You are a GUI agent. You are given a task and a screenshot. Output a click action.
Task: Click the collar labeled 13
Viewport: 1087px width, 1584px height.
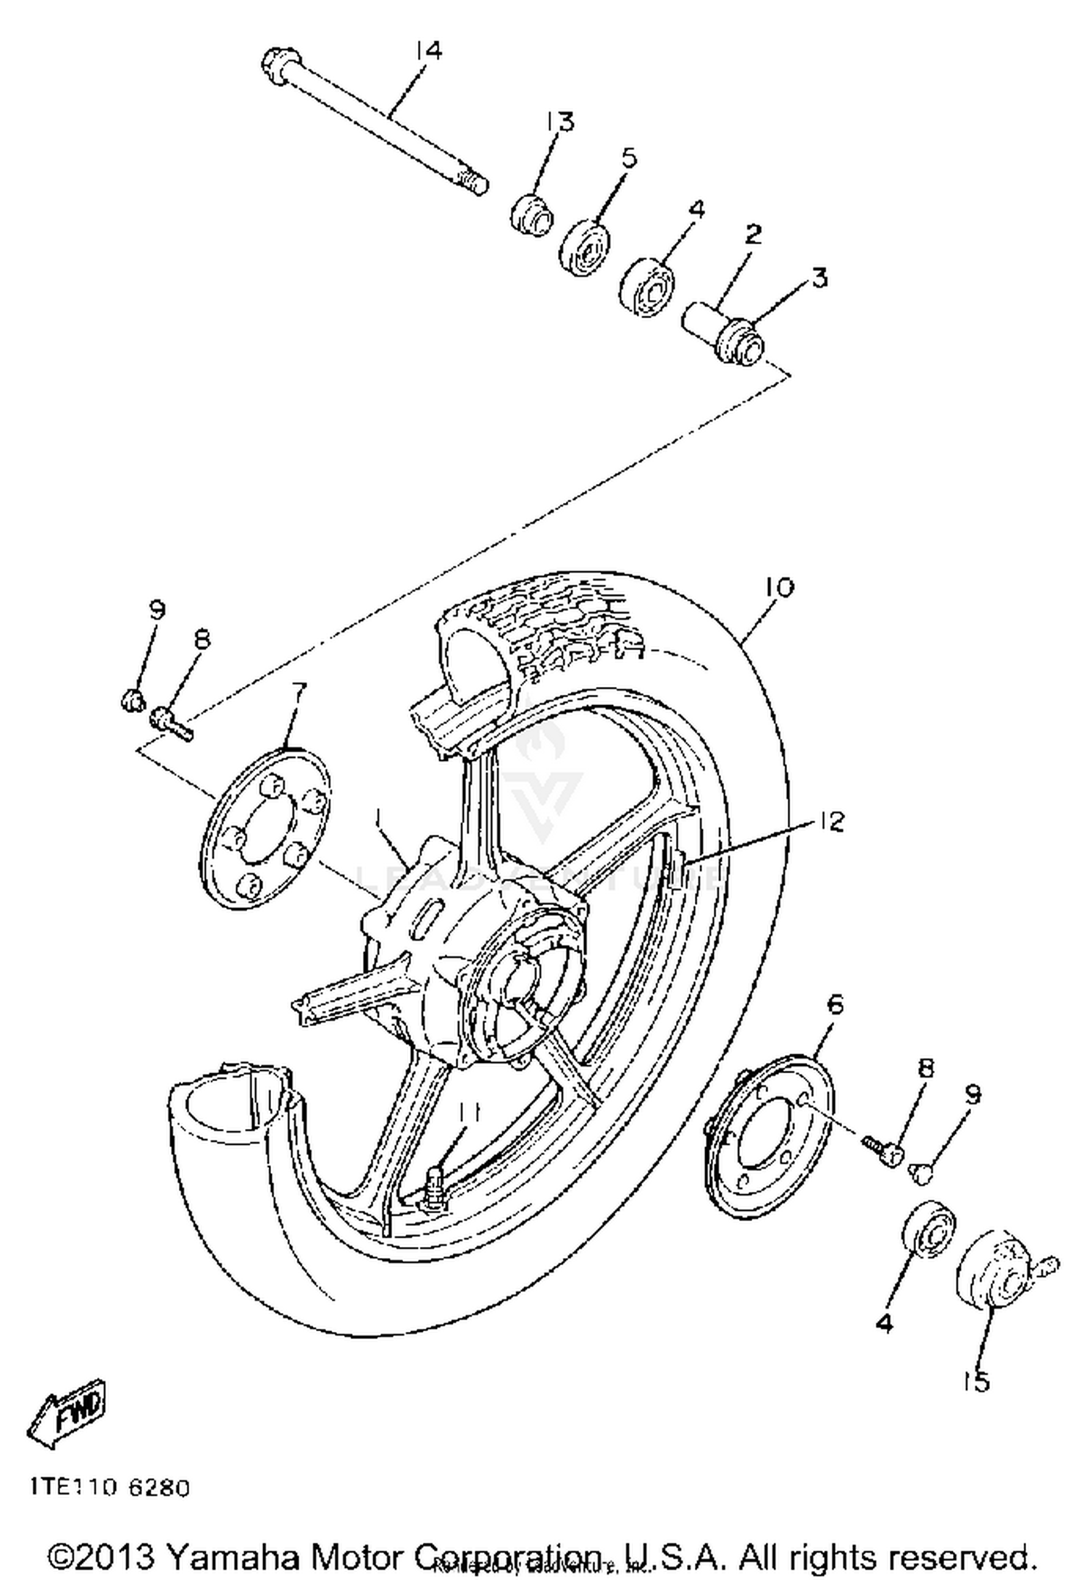click(532, 213)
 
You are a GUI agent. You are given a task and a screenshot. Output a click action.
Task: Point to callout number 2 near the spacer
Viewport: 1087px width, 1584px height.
click(753, 234)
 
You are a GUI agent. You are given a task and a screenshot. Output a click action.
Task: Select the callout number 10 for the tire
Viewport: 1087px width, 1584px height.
click(779, 587)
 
